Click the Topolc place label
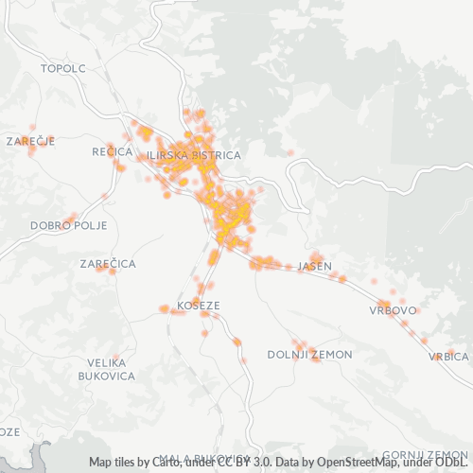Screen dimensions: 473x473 tap(63, 69)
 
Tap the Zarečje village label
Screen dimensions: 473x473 tap(30, 141)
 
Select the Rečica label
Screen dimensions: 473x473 tap(112, 151)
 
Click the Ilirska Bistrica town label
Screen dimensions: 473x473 tap(194, 154)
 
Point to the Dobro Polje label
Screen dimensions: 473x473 tap(69, 226)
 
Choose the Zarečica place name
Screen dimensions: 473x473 tap(108, 263)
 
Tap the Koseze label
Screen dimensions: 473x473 tap(197, 307)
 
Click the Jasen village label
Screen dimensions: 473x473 tap(315, 267)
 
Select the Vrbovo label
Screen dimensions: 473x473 tap(394, 310)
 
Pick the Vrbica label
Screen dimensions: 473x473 tap(448, 357)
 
